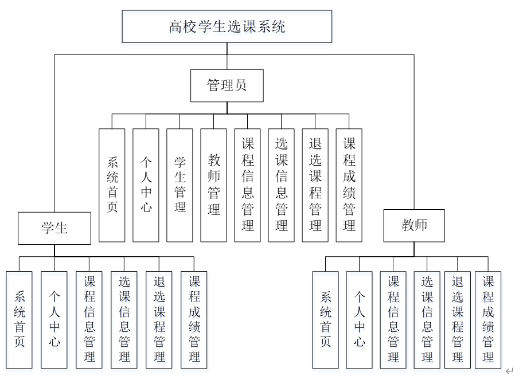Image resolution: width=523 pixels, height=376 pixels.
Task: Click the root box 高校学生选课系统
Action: pos(227,26)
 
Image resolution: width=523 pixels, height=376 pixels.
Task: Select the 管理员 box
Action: pos(227,86)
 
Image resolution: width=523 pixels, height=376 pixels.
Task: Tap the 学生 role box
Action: pos(54,228)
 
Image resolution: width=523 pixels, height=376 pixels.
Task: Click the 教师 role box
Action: pos(415,225)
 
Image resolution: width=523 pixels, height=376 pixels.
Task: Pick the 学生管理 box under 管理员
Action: pos(180,185)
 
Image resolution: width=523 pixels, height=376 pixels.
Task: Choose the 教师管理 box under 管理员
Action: pos(214,185)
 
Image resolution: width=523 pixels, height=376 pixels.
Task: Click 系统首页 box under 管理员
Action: pos(112,185)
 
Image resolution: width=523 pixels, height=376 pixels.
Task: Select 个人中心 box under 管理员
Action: pos(146,185)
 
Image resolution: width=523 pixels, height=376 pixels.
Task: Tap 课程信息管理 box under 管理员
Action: pos(248,185)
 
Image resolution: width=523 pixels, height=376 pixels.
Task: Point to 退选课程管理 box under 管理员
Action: pos(315,185)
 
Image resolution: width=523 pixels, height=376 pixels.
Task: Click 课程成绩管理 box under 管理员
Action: pos(349,185)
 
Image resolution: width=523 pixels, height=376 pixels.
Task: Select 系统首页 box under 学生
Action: pos(19,319)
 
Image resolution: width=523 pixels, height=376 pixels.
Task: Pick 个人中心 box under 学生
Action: pos(54,319)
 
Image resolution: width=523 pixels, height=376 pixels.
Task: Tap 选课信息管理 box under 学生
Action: pos(124,319)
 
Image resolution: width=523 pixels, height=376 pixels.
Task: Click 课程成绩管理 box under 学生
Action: pos(194,319)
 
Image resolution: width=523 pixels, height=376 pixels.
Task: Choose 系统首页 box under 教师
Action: pos(326,319)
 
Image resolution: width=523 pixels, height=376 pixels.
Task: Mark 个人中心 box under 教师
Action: pos(360,319)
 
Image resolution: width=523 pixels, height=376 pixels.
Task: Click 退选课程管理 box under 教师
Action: pos(458,319)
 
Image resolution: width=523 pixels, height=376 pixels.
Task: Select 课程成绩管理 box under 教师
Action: pos(488,319)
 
